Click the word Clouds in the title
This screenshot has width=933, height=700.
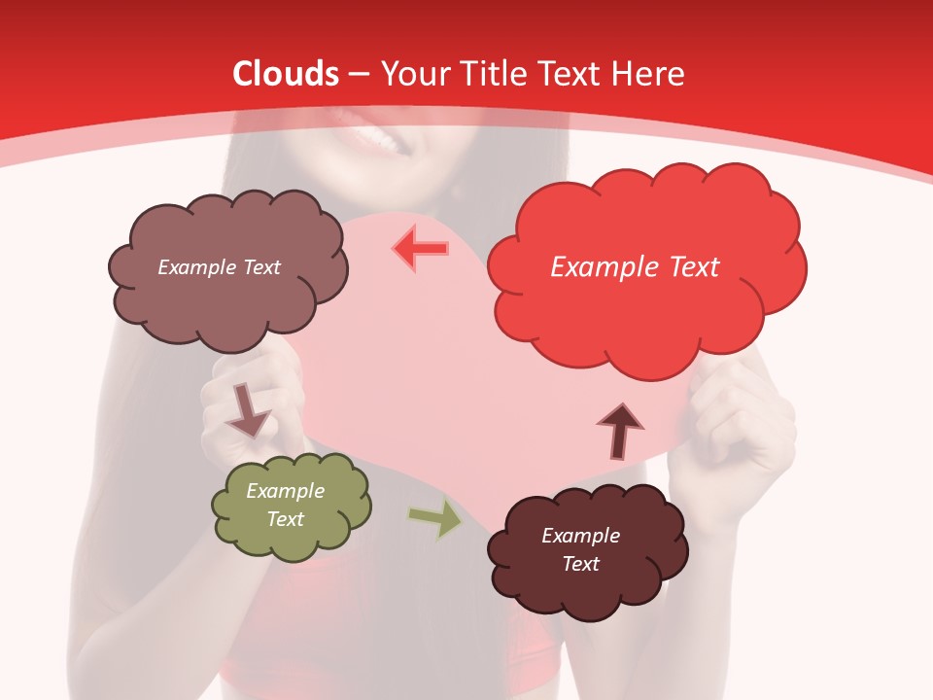pyautogui.click(x=286, y=74)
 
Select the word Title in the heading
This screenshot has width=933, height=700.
pyautogui.click(x=493, y=74)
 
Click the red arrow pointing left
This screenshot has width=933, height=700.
pyautogui.click(x=421, y=248)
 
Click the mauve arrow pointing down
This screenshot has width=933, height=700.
pyautogui.click(x=247, y=409)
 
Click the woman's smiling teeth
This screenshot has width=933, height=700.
pyautogui.click(x=384, y=141)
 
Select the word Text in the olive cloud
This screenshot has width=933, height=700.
pyautogui.click(x=286, y=520)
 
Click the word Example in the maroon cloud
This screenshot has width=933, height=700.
pyautogui.click(x=580, y=536)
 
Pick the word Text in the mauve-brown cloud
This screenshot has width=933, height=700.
pyautogui.click(x=259, y=267)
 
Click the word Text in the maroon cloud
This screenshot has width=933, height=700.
pyautogui.click(x=580, y=564)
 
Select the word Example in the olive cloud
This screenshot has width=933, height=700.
pyautogui.click(x=286, y=492)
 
